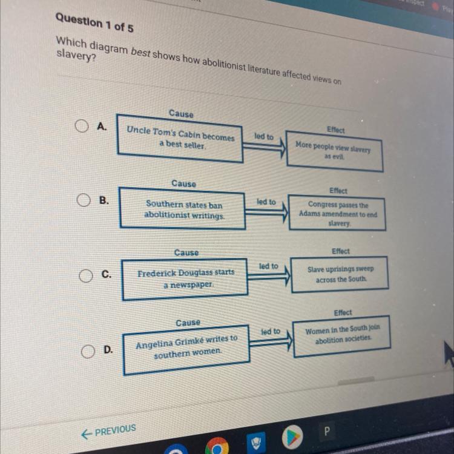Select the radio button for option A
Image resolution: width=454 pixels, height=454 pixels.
tap(82, 126)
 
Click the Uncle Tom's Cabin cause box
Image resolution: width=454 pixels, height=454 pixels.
tap(180, 140)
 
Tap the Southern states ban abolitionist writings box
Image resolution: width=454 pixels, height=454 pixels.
tap(183, 209)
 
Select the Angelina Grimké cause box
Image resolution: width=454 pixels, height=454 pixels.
tap(186, 346)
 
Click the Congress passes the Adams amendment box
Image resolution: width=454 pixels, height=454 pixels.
tap(337, 213)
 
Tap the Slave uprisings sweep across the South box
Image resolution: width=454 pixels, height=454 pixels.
tap(340, 274)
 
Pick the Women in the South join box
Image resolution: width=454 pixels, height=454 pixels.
tap(343, 335)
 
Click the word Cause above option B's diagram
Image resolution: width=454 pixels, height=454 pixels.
tap(183, 183)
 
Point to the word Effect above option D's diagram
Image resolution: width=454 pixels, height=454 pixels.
tap(343, 312)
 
